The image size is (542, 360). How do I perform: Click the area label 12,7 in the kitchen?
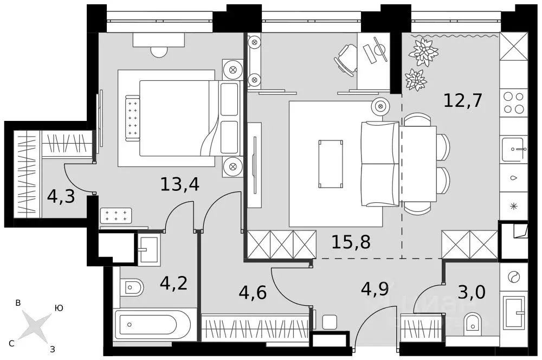pos(462,100)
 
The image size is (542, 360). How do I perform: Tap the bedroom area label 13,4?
pos(180,184)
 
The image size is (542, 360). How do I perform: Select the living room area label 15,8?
pos(351,242)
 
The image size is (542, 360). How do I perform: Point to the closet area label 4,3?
pos(61,196)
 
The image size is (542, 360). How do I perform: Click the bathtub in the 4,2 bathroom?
pos(153,325)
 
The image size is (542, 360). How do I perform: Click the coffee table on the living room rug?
pos(331,163)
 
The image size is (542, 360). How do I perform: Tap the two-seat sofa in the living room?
pos(380,164)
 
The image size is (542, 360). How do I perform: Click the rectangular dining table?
pos(419,164)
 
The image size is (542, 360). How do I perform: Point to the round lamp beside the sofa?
pos(380,106)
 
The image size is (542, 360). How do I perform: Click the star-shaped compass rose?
pos(35,327)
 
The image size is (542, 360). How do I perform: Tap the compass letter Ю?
pos(59,308)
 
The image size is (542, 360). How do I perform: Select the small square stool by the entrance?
pos(330,322)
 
